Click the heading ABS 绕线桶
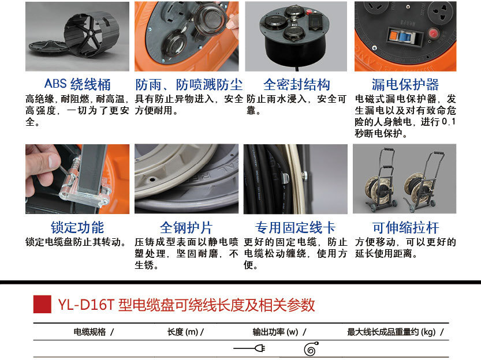pyautogui.click(x=77, y=84)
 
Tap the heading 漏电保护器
pyautogui.click(x=405, y=84)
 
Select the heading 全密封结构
pyautogui.click(x=297, y=84)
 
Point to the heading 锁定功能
pyautogui.click(x=77, y=228)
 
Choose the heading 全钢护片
pyautogui.click(x=186, y=228)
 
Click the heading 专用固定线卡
pyautogui.click(x=295, y=228)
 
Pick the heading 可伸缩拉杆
pyautogui.click(x=405, y=228)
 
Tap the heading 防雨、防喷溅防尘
pyautogui.click(x=189, y=84)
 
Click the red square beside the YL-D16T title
pyautogui.click(x=42, y=304)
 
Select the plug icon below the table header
pyautogui.click(x=249, y=348)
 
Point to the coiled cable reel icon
pyautogui.click(x=311, y=349)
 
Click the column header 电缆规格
pyautogui.click(x=90, y=332)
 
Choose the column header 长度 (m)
pyautogui.click(x=183, y=332)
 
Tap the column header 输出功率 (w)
pyautogui.click(x=275, y=332)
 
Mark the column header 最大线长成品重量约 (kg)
pyautogui.click(x=391, y=332)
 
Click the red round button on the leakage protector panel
pyautogui.click(x=433, y=33)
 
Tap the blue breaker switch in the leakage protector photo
pyautogui.click(x=403, y=37)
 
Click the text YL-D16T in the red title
pyautogui.click(x=85, y=305)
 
